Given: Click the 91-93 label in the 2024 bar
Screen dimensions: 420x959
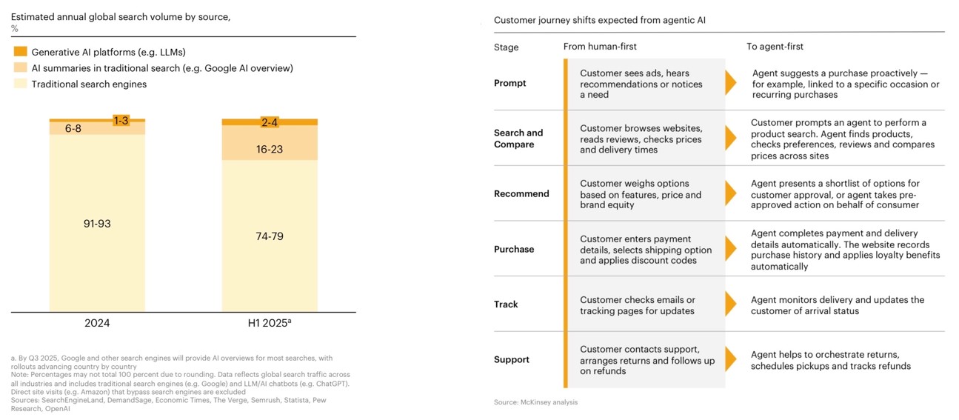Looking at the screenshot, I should point(97,223).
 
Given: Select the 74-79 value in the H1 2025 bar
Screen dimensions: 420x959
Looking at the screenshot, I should point(270,236).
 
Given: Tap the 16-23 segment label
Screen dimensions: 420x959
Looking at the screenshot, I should point(270,149).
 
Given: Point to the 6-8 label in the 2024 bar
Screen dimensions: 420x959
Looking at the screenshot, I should point(73,128).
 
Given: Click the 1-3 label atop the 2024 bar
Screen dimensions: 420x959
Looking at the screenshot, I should point(121,120).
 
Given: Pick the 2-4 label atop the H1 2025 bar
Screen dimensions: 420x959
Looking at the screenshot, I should point(270,122).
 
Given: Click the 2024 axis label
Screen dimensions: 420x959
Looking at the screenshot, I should point(97,323).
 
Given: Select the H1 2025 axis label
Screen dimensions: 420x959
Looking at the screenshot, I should point(270,323).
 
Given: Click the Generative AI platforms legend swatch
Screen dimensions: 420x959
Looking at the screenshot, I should point(21,52).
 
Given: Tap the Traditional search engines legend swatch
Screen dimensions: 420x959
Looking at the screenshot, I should point(21,84).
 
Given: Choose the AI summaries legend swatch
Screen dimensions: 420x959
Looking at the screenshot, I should point(21,68).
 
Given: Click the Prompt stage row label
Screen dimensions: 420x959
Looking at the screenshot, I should point(510,83).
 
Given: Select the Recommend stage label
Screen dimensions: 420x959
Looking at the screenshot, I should point(521,193).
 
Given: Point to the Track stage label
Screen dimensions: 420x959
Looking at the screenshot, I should point(506,304).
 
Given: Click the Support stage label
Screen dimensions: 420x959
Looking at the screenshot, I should point(512,359).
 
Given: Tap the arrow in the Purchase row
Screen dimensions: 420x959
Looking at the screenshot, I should point(730,250).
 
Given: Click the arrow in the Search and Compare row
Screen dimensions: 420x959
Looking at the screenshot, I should point(730,139).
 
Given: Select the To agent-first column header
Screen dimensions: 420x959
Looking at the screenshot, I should point(775,47).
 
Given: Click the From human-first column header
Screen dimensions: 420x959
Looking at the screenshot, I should point(600,47).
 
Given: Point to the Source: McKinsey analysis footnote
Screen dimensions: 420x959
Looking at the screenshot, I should point(535,402).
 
